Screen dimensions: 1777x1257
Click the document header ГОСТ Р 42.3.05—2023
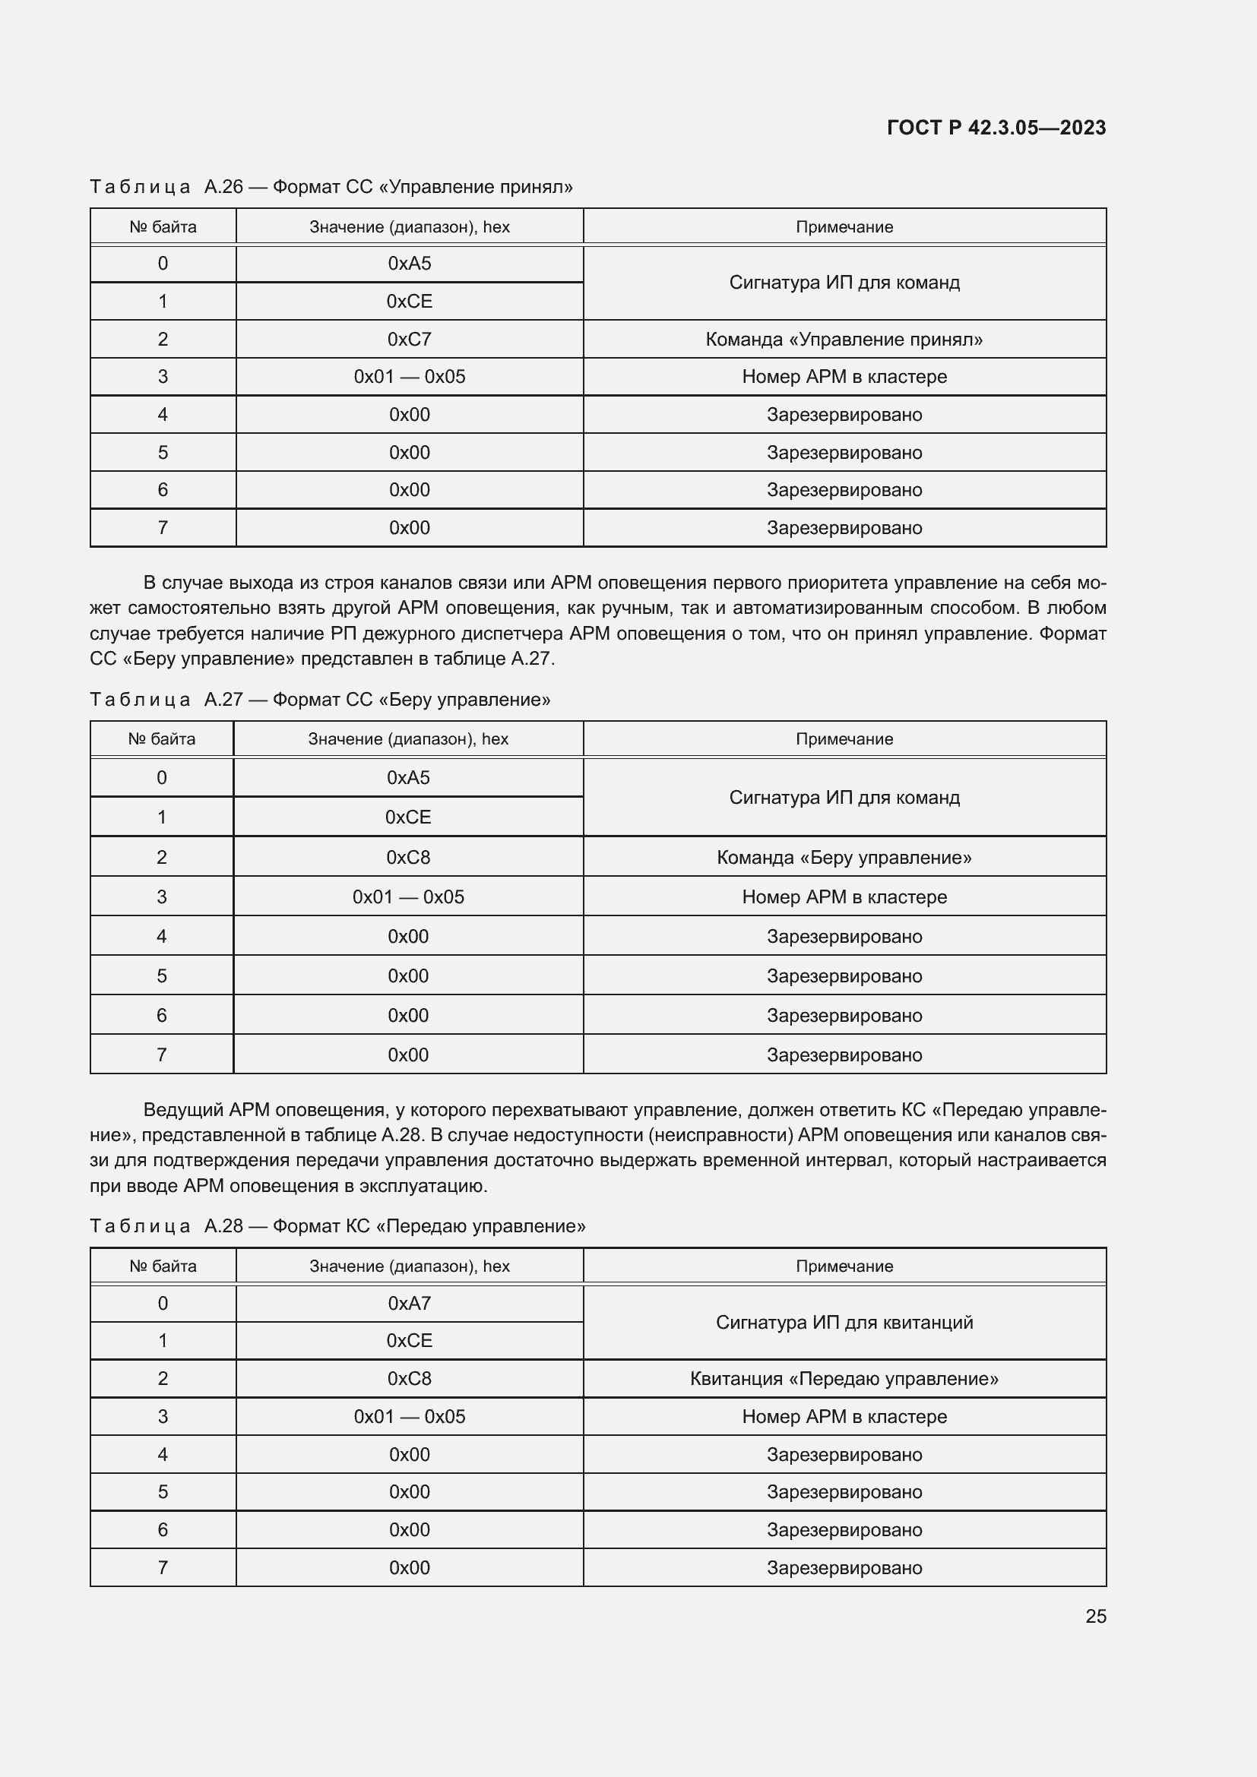coord(996,128)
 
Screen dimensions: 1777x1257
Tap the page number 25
coord(1095,1616)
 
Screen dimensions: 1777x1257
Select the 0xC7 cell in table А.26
coord(409,339)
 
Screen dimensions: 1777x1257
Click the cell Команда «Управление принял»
coord(844,339)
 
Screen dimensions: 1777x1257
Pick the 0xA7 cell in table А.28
coord(409,1304)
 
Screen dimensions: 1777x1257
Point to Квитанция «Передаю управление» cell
coord(844,1378)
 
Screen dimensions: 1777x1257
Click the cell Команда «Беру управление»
coord(844,857)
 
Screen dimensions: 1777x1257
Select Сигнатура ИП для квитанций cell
coord(844,1322)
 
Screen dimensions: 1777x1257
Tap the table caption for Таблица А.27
coord(320,700)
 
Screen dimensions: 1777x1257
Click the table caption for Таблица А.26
coord(331,187)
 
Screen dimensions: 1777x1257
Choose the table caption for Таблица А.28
coord(337,1226)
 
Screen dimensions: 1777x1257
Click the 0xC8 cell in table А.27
coord(408,857)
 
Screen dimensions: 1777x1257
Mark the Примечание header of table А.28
coord(844,1266)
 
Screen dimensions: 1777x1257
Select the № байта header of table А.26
coord(163,226)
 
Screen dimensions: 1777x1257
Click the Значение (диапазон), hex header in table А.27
coord(408,739)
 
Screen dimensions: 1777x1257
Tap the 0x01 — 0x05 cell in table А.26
coord(409,377)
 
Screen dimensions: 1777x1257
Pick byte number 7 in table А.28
coord(163,1567)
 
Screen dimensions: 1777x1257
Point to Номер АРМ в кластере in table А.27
coord(844,897)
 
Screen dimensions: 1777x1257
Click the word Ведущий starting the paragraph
coord(182,1110)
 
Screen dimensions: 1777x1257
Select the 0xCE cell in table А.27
coord(408,817)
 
